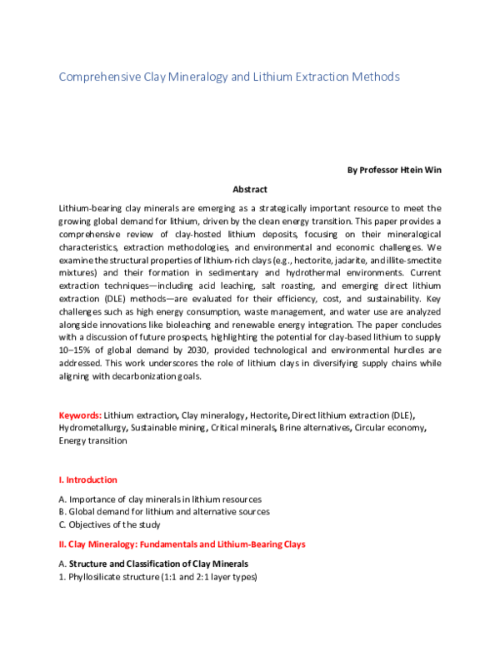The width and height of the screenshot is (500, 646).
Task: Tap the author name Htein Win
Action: [x=422, y=170]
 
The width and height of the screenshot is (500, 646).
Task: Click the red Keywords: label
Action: [x=80, y=415]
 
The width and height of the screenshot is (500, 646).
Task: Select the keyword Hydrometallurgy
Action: [x=92, y=427]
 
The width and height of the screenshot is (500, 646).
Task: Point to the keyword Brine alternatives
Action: [x=315, y=427]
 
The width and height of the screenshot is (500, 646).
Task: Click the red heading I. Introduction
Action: [x=87, y=480]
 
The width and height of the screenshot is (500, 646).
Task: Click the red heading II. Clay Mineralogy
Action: [x=182, y=544]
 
